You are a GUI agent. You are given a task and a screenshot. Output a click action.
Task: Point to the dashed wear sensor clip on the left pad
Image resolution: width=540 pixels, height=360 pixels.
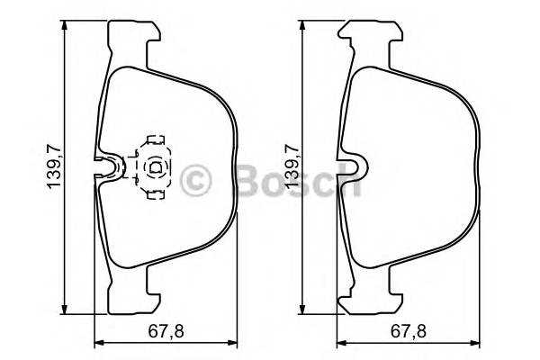153,166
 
